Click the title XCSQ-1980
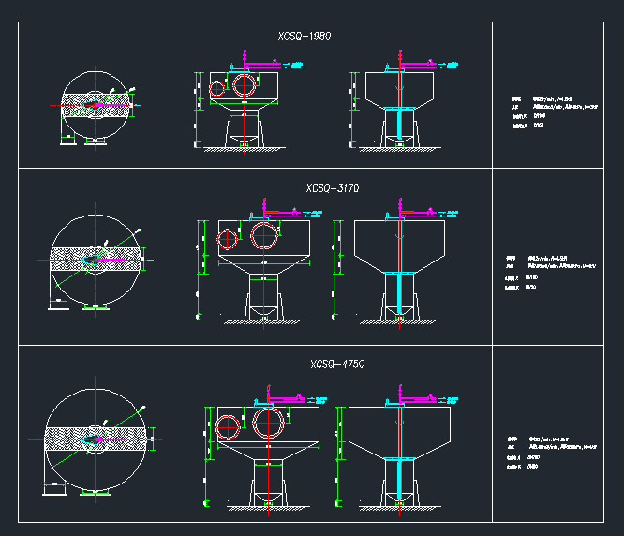(305, 37)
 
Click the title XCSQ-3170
(333, 188)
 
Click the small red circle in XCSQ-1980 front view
(217, 89)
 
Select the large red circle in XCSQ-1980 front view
(245, 83)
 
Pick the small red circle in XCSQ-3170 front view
(228, 238)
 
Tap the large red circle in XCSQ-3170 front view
(265, 234)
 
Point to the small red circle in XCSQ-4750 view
(229, 428)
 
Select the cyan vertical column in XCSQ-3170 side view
(400, 292)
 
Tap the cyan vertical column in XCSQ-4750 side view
(400, 478)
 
